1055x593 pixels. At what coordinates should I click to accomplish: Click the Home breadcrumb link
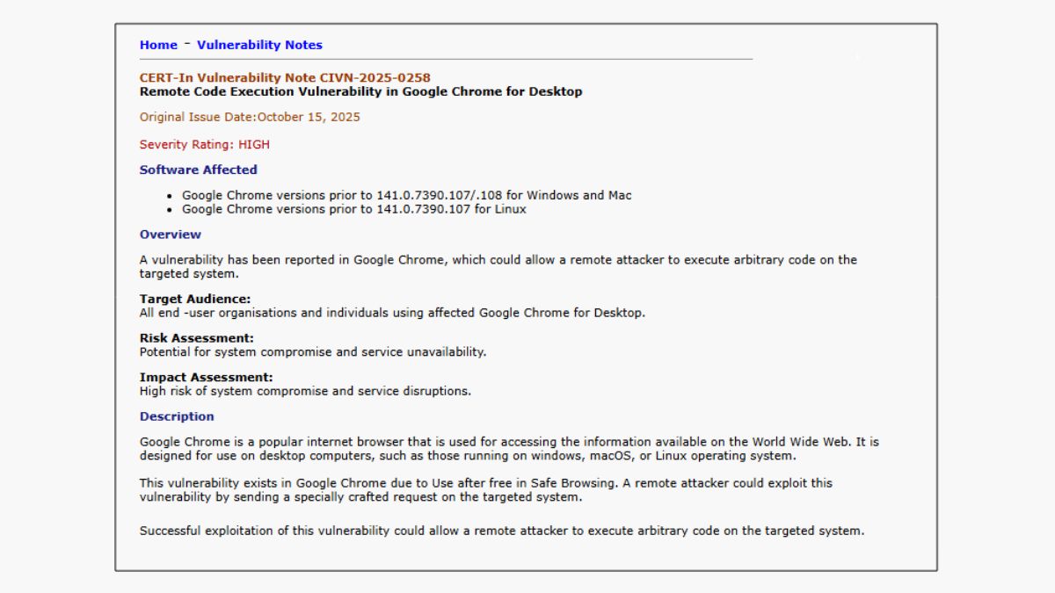click(158, 45)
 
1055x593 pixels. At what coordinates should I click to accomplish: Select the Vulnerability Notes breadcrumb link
click(259, 45)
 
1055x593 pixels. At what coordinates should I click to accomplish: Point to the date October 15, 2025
click(309, 117)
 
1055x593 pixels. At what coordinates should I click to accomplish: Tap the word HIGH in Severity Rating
click(254, 144)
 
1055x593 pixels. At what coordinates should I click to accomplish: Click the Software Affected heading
click(198, 170)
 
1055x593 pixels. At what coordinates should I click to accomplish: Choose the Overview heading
click(170, 235)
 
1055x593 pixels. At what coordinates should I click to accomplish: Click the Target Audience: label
click(194, 300)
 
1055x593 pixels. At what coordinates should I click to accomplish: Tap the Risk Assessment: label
click(196, 338)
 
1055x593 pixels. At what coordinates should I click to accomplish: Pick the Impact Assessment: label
click(206, 378)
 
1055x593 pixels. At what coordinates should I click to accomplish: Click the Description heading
click(177, 416)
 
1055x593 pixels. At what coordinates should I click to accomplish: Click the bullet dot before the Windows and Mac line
click(169, 196)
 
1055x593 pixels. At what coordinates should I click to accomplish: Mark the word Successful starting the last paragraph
click(171, 531)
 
